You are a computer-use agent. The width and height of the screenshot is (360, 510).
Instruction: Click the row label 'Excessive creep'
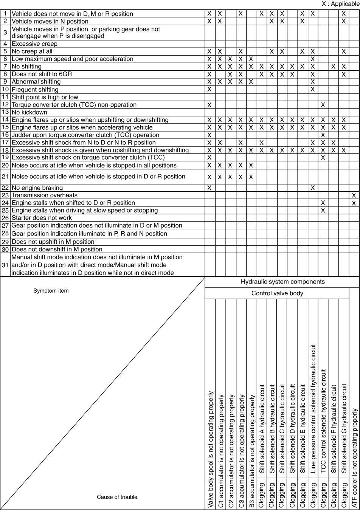tap(34, 44)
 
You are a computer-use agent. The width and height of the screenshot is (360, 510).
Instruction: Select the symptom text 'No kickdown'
tap(29, 112)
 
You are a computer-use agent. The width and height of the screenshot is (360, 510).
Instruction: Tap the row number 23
tap(5, 195)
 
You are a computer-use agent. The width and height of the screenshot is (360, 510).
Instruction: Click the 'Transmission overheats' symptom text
tap(45, 195)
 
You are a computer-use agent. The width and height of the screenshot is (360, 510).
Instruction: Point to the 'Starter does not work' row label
tap(42, 218)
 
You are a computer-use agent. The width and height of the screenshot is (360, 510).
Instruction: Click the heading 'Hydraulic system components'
tap(282, 282)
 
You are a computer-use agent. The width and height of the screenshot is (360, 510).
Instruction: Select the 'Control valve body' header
tap(277, 293)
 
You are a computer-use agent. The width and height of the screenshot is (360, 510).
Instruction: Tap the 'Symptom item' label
tap(51, 291)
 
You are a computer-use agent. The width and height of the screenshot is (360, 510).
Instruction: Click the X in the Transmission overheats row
tap(354, 195)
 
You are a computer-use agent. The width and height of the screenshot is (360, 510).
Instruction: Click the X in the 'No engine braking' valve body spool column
tap(209, 188)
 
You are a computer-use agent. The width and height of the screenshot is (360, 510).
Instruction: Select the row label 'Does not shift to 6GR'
tap(42, 74)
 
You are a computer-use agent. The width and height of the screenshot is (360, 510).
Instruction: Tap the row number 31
tap(5, 265)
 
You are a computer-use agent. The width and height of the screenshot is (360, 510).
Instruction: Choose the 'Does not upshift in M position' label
tap(53, 242)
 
